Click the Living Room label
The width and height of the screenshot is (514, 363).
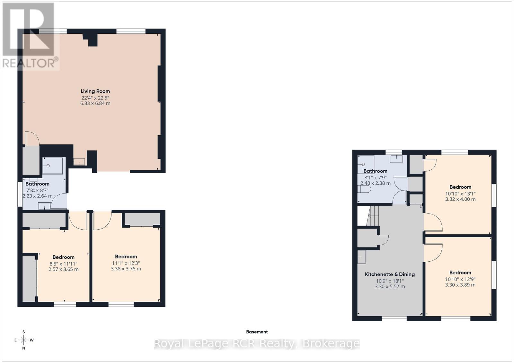click(95, 91)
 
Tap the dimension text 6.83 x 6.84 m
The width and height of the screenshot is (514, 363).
click(95, 104)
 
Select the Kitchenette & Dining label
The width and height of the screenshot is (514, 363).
click(390, 274)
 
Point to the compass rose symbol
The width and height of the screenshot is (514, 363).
click(23, 340)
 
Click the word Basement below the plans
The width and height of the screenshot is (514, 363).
click(257, 332)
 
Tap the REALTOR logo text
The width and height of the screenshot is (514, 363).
click(30, 63)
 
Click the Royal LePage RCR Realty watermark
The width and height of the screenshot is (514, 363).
click(257, 344)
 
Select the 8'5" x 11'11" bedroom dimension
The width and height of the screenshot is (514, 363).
click(63, 264)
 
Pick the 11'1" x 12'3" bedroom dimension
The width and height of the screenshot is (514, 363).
click(126, 263)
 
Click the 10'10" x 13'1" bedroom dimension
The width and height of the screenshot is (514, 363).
click(460, 194)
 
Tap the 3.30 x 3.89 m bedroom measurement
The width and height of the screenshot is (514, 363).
click(460, 285)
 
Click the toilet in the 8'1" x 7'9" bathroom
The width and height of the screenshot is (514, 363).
click(364, 190)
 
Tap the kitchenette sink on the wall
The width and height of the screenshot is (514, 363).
click(361, 257)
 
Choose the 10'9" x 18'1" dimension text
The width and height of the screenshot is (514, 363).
click(390, 281)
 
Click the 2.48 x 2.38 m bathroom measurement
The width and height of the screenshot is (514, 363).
click(375, 183)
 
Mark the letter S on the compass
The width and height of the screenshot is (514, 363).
click(23, 332)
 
